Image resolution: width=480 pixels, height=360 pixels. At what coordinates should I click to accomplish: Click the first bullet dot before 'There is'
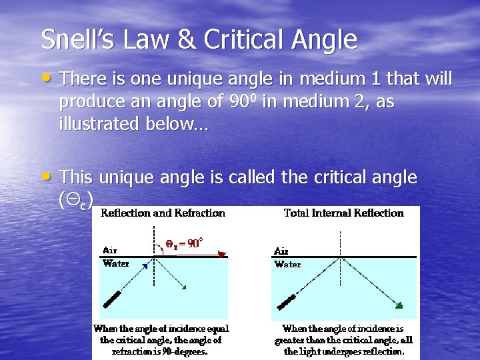pos(48,79)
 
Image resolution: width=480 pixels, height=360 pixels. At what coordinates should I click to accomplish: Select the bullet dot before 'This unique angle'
pos(48,176)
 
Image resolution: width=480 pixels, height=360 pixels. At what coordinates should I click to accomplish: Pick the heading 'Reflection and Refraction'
pos(163,213)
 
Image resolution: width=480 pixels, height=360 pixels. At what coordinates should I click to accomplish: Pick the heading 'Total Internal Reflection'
pos(344,213)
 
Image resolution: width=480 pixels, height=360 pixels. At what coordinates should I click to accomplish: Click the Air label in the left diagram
pos(111,251)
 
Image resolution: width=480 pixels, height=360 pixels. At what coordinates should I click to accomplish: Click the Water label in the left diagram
pos(116,263)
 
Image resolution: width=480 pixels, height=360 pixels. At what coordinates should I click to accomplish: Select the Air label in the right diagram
pos(282,251)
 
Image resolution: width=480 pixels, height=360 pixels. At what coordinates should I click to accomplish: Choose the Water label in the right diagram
pos(287,264)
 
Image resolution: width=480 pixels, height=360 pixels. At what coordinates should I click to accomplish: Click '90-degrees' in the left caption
pos(185,350)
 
